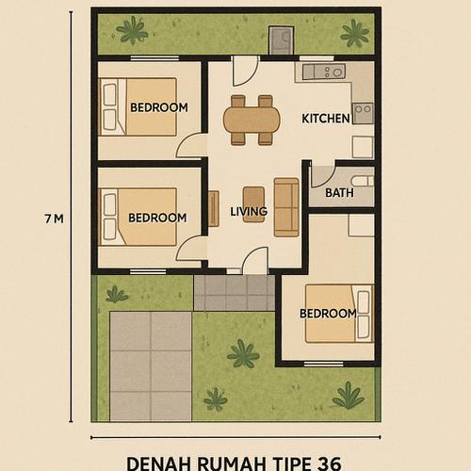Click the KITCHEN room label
tap(325, 119)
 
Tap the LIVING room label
tap(249, 211)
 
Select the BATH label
tap(339, 193)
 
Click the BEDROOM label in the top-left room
tap(158, 107)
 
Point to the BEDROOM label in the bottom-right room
tap(328, 313)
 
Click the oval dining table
tap(252, 120)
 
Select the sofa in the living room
tap(286, 207)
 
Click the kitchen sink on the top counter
tap(333, 72)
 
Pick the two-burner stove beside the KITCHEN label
tap(363, 114)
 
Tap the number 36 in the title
tap(329, 463)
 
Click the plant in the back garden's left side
tap(132, 31)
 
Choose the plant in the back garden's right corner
tap(355, 33)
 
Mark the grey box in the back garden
tap(281, 41)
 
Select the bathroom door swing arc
tap(320, 176)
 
